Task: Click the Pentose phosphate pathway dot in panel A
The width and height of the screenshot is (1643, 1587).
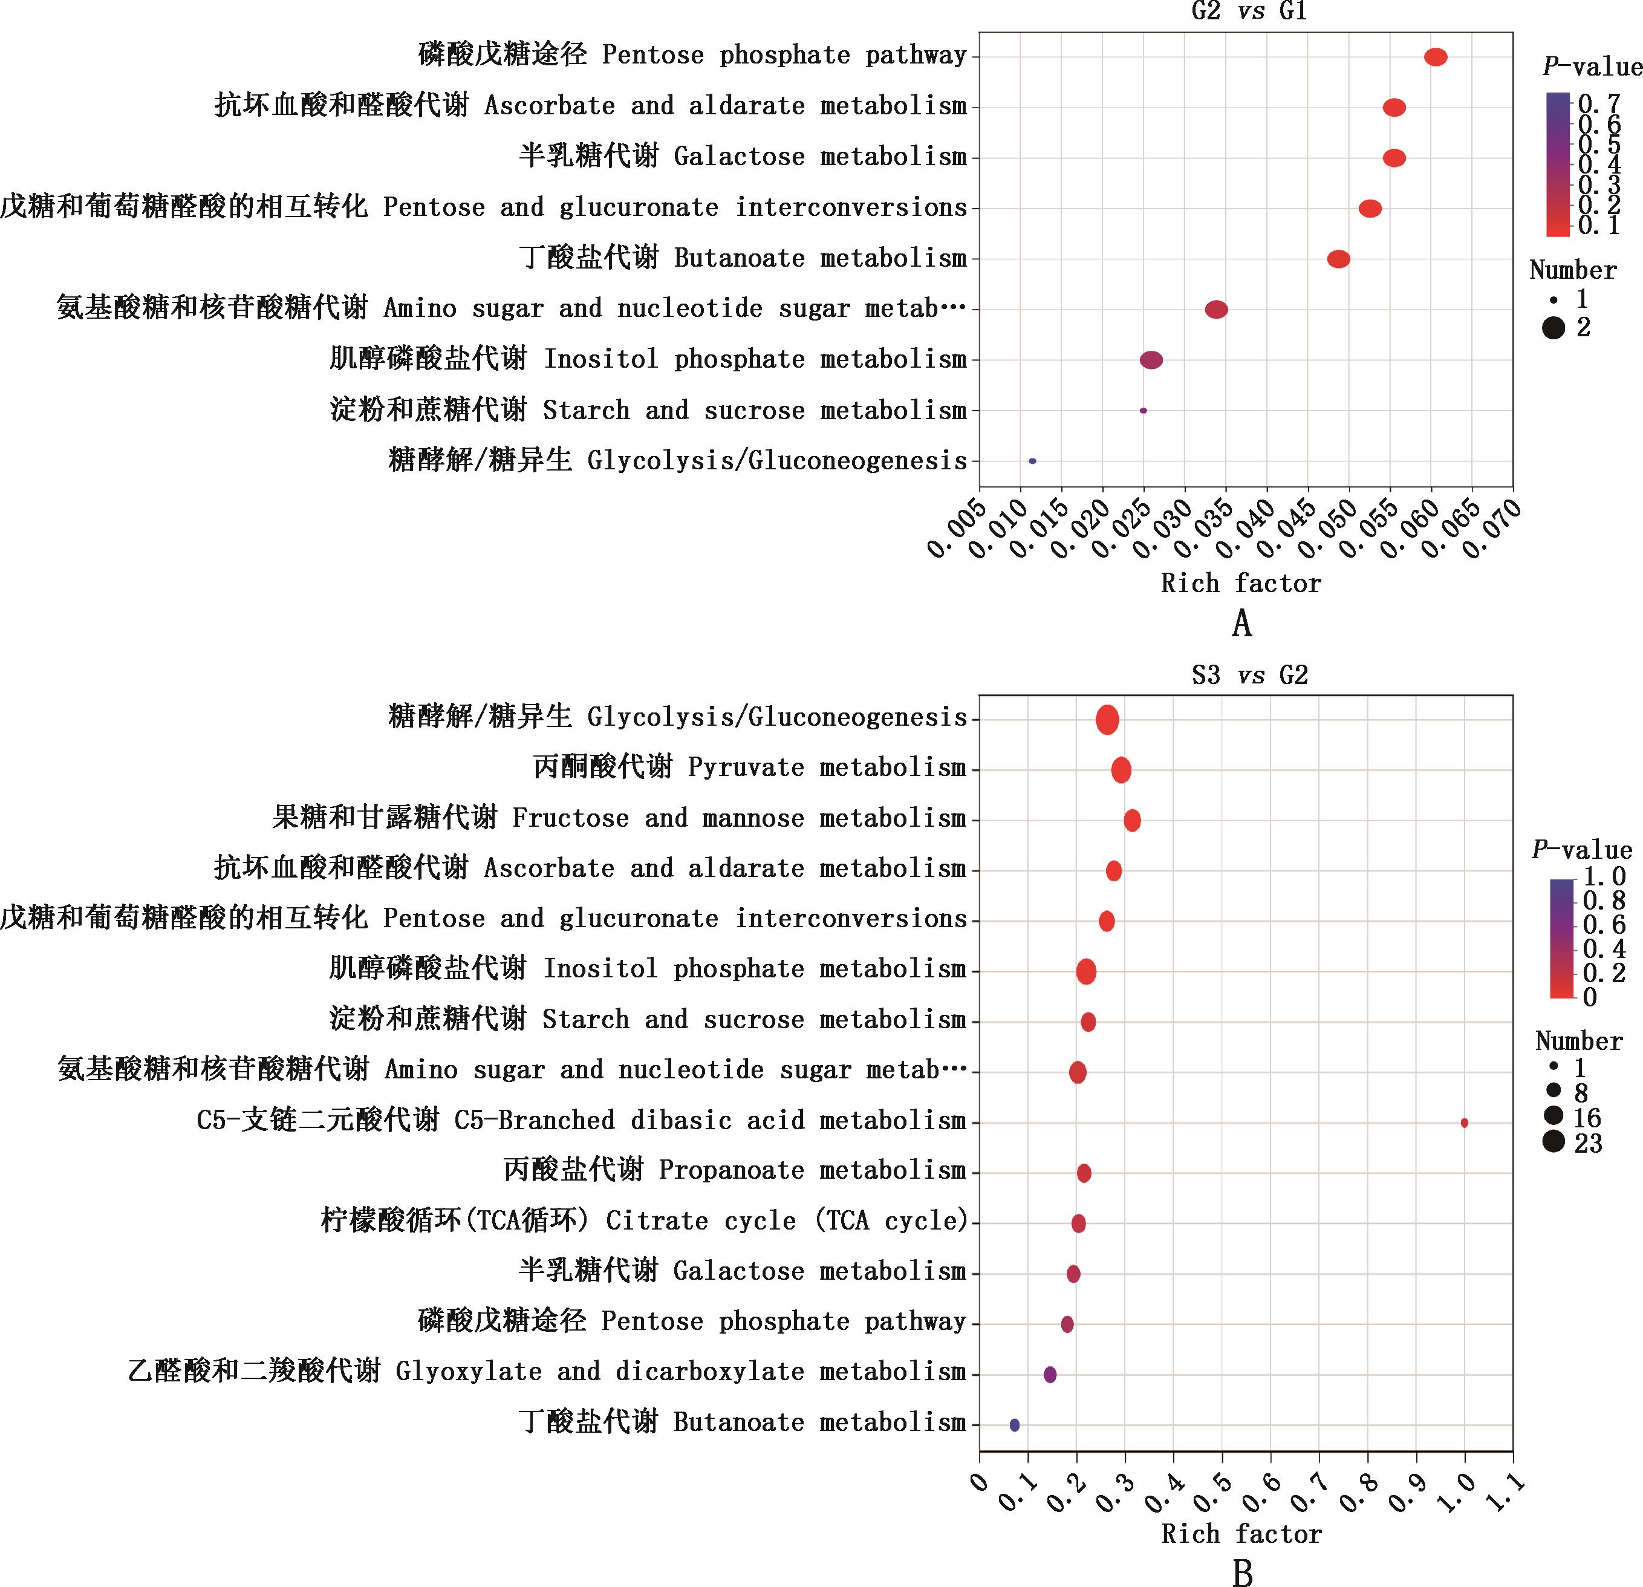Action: (1435, 57)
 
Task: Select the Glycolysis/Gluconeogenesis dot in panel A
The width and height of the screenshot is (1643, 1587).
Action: (1032, 461)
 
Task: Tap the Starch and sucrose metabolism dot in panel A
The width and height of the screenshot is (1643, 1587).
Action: (1142, 411)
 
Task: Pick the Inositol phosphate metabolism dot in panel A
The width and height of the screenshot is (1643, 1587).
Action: (1151, 360)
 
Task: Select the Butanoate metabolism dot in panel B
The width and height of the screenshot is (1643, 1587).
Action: (1014, 1425)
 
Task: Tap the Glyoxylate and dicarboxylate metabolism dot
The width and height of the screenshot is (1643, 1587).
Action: (1050, 1375)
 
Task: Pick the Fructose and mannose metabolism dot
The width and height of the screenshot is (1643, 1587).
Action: (1131, 821)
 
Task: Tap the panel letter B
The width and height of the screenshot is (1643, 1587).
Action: (1242, 1572)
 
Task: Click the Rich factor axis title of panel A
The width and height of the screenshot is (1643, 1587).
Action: (1241, 584)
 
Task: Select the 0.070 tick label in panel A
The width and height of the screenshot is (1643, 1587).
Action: (1495, 528)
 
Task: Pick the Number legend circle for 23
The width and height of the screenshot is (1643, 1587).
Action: (1554, 1142)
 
